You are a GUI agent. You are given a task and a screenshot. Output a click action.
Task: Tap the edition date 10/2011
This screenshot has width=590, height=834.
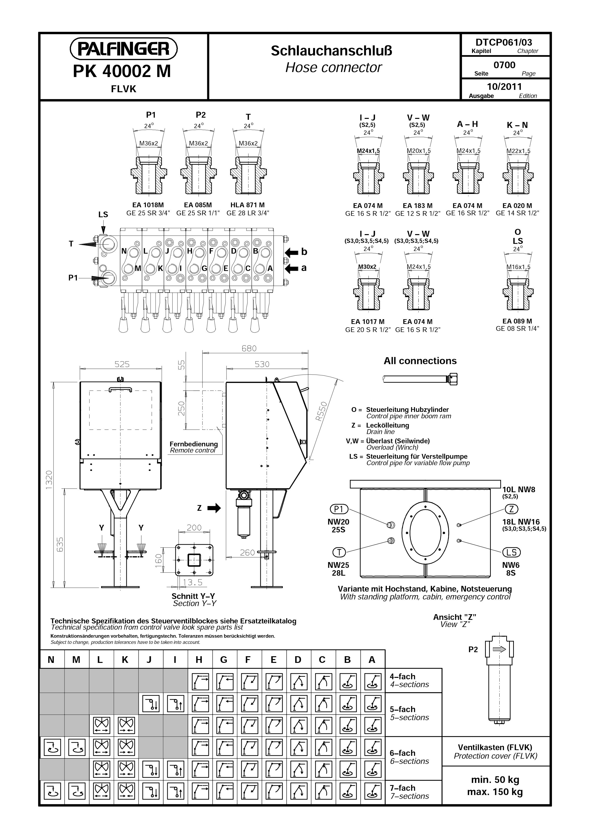click(x=504, y=87)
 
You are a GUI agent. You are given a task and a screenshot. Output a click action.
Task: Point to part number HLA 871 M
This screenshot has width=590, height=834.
click(x=248, y=205)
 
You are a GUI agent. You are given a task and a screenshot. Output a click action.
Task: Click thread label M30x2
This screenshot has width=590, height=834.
click(x=367, y=267)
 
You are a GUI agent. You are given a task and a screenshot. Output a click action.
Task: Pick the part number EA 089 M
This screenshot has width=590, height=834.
click(x=517, y=321)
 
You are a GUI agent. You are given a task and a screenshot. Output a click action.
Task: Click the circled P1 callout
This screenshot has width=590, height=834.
click(x=339, y=509)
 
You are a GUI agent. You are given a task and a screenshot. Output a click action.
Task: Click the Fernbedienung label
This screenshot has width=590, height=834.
click(x=194, y=444)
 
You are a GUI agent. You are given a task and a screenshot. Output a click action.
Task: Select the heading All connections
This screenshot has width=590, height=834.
click(x=420, y=361)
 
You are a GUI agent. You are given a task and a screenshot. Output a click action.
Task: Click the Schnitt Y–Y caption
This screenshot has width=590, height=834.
click(x=193, y=596)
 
